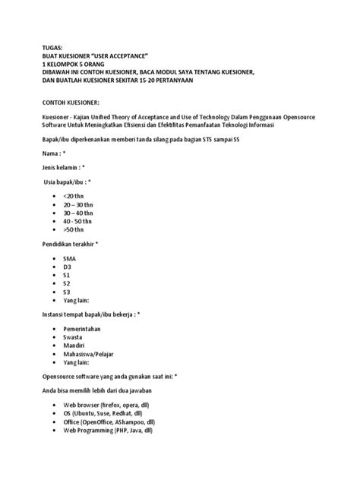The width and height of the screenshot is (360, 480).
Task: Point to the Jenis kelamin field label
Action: (62, 167)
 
